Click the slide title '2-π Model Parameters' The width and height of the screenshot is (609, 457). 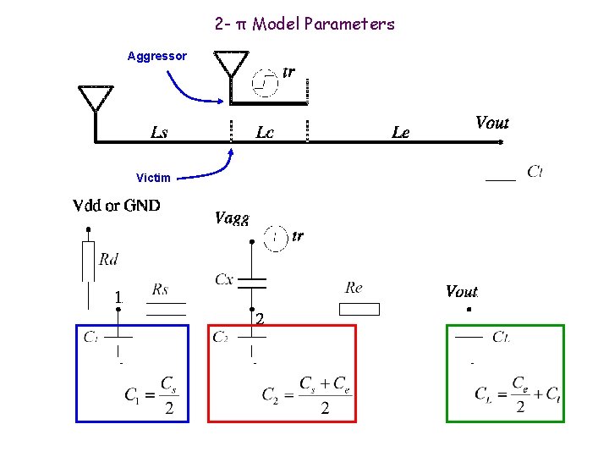(x=304, y=24)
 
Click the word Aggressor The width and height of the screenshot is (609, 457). (x=156, y=57)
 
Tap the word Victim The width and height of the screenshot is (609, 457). (x=153, y=178)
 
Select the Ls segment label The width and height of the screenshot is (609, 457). (x=159, y=132)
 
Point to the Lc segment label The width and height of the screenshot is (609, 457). (x=265, y=132)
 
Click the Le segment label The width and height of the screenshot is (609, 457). (x=401, y=132)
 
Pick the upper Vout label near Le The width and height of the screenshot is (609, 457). (x=492, y=123)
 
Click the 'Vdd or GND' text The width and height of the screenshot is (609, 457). (x=117, y=206)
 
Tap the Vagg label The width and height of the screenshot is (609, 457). (x=232, y=217)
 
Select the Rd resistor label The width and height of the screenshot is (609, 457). (x=108, y=259)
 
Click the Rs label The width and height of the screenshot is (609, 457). (x=160, y=289)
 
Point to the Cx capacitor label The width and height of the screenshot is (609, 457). (x=224, y=278)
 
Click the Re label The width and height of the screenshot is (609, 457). (x=354, y=288)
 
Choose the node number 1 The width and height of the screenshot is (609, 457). (x=119, y=297)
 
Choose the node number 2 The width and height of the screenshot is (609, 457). (x=260, y=319)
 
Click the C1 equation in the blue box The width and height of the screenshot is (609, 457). (x=151, y=396)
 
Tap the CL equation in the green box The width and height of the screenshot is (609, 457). (x=518, y=395)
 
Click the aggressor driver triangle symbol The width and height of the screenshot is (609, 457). (x=231, y=64)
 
